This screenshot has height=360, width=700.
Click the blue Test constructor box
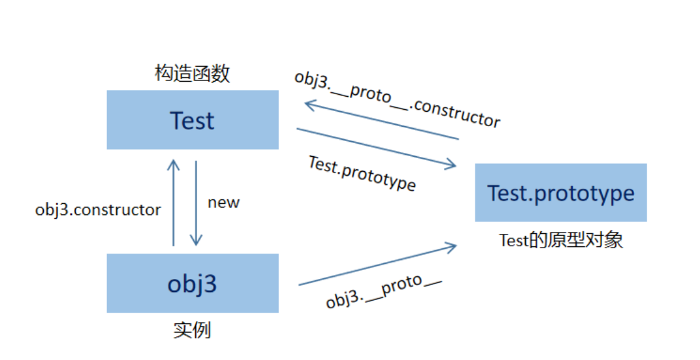(x=193, y=120)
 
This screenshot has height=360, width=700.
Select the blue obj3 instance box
(x=193, y=283)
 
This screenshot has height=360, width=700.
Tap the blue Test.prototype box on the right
(x=561, y=193)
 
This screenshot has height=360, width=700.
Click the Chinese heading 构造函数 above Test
(x=193, y=73)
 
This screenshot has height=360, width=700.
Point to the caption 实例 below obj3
(x=193, y=330)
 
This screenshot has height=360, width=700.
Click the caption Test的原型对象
(x=561, y=240)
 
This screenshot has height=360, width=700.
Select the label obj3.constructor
(x=98, y=210)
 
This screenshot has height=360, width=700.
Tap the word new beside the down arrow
(x=224, y=203)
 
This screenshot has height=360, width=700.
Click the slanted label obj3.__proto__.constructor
(x=397, y=99)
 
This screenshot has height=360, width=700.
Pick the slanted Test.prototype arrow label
(x=362, y=173)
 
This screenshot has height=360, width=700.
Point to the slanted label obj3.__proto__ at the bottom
(x=384, y=291)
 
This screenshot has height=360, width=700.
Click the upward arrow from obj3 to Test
(x=173, y=203)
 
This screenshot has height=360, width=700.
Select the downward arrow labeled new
(x=196, y=203)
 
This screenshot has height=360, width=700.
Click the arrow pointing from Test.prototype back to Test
(x=382, y=121)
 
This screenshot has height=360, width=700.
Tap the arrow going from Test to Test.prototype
(x=376, y=148)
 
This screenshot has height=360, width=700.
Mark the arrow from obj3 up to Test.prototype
(x=377, y=265)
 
